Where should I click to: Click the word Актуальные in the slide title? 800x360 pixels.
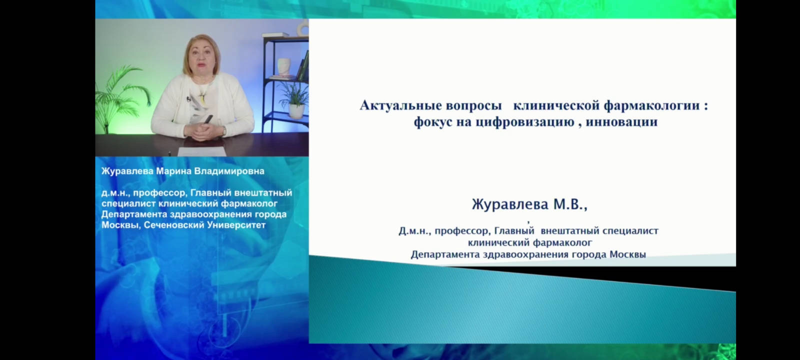[400, 105]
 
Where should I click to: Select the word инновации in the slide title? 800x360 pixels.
[622, 122]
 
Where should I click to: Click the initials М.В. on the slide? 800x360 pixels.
[570, 204]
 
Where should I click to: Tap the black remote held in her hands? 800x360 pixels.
[208, 119]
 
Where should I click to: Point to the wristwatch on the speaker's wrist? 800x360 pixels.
[224, 130]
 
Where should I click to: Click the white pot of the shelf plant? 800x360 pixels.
[296, 111]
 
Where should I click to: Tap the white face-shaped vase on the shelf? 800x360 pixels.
[283, 67]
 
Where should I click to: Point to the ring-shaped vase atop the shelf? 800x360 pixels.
[303, 27]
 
